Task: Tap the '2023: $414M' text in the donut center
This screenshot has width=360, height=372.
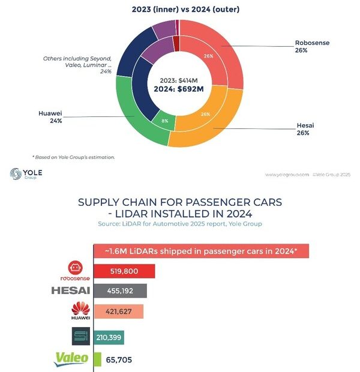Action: (x=179, y=80)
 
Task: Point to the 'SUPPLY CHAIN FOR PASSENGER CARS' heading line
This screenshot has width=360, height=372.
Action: (x=180, y=202)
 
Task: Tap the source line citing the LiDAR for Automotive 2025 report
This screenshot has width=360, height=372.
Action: (x=180, y=224)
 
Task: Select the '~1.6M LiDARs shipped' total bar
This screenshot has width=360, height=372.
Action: (x=201, y=250)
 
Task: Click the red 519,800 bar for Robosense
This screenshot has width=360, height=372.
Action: (x=125, y=271)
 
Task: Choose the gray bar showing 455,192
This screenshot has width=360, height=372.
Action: (x=120, y=291)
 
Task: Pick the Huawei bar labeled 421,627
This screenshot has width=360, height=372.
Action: (x=119, y=311)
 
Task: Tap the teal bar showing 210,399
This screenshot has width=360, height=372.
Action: (x=109, y=337)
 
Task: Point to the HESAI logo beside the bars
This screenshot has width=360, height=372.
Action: (x=71, y=291)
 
